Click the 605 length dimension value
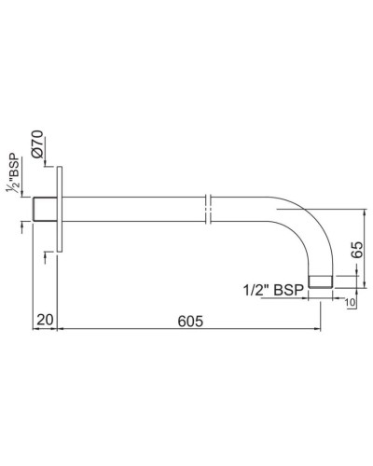[x=190, y=319]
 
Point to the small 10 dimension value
[x=349, y=301]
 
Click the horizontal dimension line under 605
[x=191, y=328]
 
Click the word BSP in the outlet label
[x=290, y=290]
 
